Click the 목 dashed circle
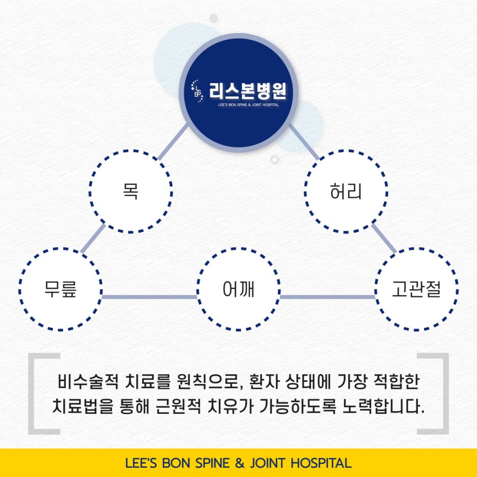click(x=131, y=192)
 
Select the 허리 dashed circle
click(x=346, y=192)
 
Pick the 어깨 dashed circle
click(x=238, y=289)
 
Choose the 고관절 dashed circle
click(x=416, y=289)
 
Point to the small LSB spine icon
click(x=197, y=91)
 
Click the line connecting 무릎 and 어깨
click(x=149, y=297)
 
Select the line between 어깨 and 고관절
click(x=327, y=297)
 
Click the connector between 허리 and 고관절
click(x=384, y=238)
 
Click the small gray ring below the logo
click(x=275, y=160)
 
